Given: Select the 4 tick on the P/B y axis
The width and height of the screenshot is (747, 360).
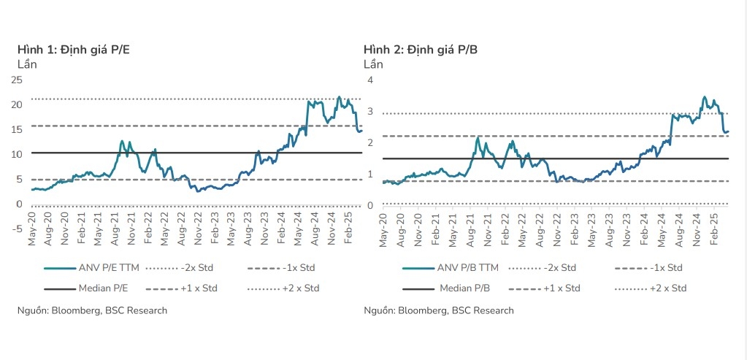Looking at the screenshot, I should click(x=370, y=80).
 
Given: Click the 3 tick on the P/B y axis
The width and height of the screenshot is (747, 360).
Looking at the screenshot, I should click(x=370, y=112).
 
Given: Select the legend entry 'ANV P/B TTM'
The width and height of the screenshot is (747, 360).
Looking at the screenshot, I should click(x=468, y=268).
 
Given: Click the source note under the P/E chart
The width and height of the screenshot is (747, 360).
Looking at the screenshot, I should click(x=92, y=310).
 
